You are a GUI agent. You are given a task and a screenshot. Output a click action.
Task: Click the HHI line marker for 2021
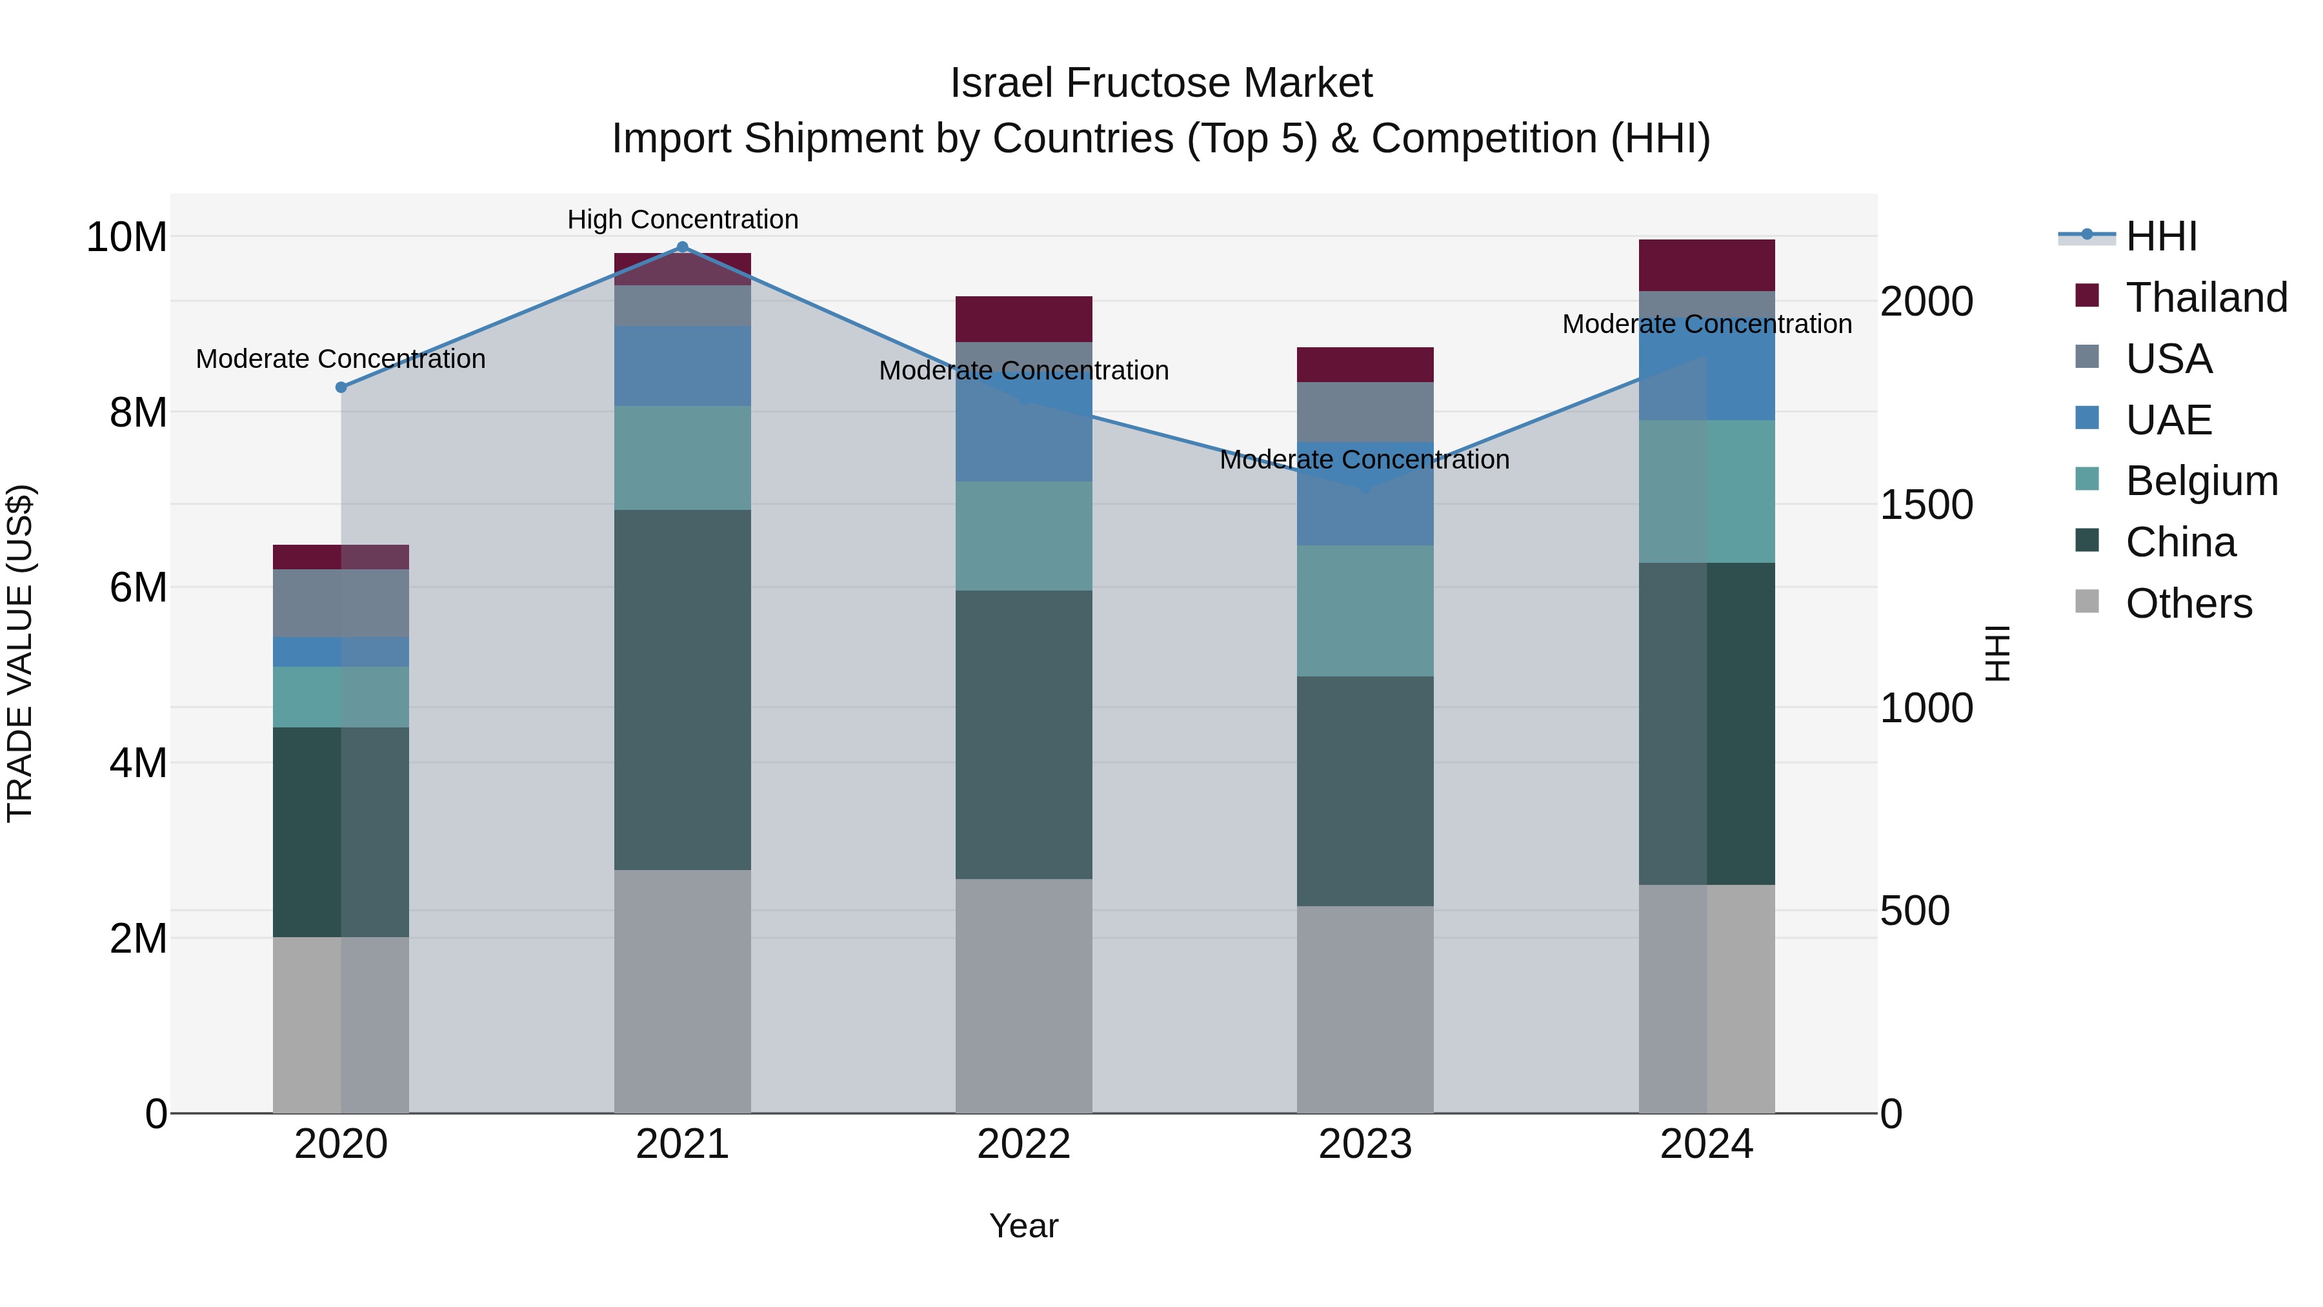click(x=682, y=247)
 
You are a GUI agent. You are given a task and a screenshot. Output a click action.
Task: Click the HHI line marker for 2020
click(x=341, y=387)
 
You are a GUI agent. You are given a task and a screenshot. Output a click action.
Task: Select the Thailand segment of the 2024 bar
click(x=1706, y=265)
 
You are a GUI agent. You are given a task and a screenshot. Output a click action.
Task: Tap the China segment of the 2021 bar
click(x=682, y=690)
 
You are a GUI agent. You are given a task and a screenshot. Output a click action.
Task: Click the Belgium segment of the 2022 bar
click(x=1023, y=536)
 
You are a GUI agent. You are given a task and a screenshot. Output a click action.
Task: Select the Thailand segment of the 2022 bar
click(x=1023, y=319)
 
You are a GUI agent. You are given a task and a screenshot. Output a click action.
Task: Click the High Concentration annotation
click(x=683, y=219)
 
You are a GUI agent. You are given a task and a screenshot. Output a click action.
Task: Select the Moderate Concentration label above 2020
click(x=341, y=359)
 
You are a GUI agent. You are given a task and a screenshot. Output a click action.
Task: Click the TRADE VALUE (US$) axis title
click(x=20, y=653)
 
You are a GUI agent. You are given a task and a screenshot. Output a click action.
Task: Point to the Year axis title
click(x=1023, y=1226)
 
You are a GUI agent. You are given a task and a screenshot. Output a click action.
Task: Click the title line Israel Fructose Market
click(x=1161, y=83)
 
